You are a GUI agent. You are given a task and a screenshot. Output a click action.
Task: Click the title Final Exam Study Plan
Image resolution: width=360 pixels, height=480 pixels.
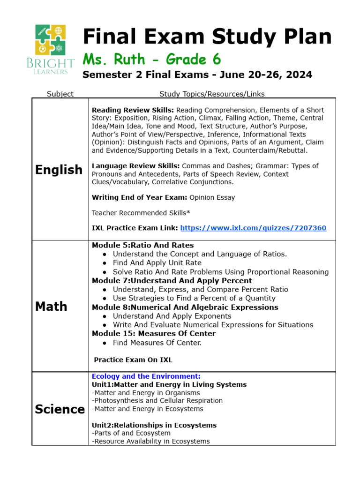[x=207, y=37]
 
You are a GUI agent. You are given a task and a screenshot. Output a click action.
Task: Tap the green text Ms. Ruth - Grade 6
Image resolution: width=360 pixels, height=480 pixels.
[x=151, y=60]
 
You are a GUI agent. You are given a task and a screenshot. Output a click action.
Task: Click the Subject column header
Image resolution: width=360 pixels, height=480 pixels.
[x=60, y=94]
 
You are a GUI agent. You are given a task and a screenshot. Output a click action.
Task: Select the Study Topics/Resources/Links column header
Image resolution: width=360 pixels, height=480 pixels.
[x=212, y=94]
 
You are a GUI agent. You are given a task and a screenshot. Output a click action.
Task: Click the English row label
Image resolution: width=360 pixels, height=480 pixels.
[x=59, y=170]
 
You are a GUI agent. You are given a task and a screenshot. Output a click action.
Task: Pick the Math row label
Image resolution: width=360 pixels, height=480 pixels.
[x=51, y=306]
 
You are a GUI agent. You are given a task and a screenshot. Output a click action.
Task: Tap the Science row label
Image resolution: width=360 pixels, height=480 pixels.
[x=60, y=409]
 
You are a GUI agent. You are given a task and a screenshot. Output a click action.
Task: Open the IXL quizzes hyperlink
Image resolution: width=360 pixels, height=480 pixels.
[x=253, y=228]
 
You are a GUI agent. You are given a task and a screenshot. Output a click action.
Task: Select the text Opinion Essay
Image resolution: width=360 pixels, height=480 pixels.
[x=212, y=197]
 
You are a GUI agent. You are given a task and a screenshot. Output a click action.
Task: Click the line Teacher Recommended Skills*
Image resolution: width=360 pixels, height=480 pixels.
[x=141, y=213]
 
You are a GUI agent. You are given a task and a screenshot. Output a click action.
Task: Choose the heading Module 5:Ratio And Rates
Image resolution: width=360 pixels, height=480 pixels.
[x=142, y=245]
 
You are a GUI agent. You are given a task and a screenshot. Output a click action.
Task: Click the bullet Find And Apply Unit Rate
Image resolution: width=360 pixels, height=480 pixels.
[x=157, y=263]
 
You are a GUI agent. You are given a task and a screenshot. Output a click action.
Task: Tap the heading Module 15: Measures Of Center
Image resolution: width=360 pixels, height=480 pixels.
[x=154, y=334]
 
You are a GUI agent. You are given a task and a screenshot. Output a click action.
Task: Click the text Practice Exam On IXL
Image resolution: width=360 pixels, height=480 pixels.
[x=133, y=360]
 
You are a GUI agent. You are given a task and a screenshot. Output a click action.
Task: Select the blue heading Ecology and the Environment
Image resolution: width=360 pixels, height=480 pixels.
[x=146, y=376]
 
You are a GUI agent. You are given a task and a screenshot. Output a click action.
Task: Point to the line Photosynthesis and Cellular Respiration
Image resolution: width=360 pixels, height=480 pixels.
[x=157, y=401]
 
